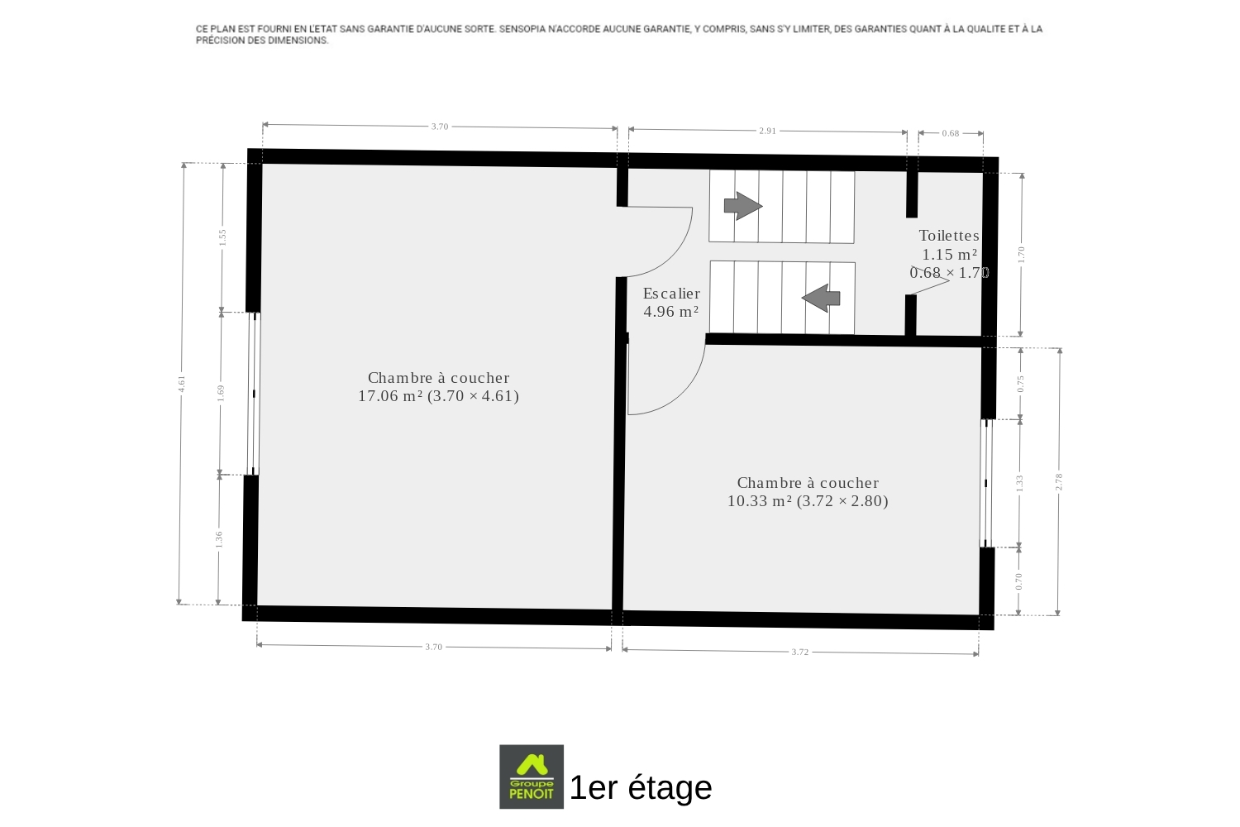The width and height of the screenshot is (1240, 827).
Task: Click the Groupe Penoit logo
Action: [532, 776]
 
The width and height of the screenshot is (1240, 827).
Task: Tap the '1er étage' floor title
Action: [641, 787]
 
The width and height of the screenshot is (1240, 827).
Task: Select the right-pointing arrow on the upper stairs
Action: [743, 206]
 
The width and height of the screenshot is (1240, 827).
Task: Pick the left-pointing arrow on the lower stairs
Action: [821, 298]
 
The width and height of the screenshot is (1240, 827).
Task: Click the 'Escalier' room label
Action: [671, 293]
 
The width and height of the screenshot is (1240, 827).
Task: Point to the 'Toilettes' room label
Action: [949, 236]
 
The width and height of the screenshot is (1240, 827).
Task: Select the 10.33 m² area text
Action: [760, 500]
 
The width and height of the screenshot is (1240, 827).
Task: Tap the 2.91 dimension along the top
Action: [767, 131]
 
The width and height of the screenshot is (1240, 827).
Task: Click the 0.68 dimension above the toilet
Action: [951, 133]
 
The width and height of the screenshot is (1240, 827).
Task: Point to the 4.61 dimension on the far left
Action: [182, 384]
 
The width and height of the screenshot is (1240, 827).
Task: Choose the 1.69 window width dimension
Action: [221, 393]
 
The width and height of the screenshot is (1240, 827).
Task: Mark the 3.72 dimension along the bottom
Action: [800, 652]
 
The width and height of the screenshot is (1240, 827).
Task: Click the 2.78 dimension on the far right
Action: [1058, 481]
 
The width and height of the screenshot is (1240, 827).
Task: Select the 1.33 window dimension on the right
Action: [1019, 483]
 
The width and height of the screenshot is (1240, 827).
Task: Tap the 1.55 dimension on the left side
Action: [222, 237]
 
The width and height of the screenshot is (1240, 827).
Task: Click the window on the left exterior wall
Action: [254, 394]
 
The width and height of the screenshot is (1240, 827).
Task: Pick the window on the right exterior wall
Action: [986, 483]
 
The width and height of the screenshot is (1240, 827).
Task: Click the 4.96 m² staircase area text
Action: [671, 311]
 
